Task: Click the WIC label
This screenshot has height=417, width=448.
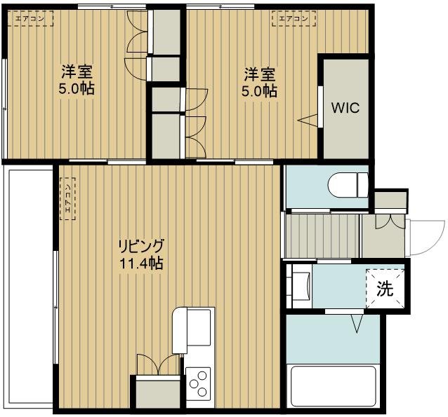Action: (x=345, y=109)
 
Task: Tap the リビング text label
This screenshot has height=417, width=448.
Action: (x=140, y=246)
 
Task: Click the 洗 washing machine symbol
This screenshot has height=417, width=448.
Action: (x=386, y=287)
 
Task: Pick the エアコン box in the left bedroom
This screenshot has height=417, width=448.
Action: (x=31, y=19)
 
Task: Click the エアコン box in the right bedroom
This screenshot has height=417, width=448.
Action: (x=290, y=19)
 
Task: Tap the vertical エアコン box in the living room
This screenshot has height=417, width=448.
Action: (x=67, y=199)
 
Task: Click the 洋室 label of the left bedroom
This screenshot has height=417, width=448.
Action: (x=76, y=72)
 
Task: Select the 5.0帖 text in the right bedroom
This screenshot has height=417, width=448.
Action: (x=258, y=91)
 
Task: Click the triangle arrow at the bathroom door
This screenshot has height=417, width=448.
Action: (x=356, y=324)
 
